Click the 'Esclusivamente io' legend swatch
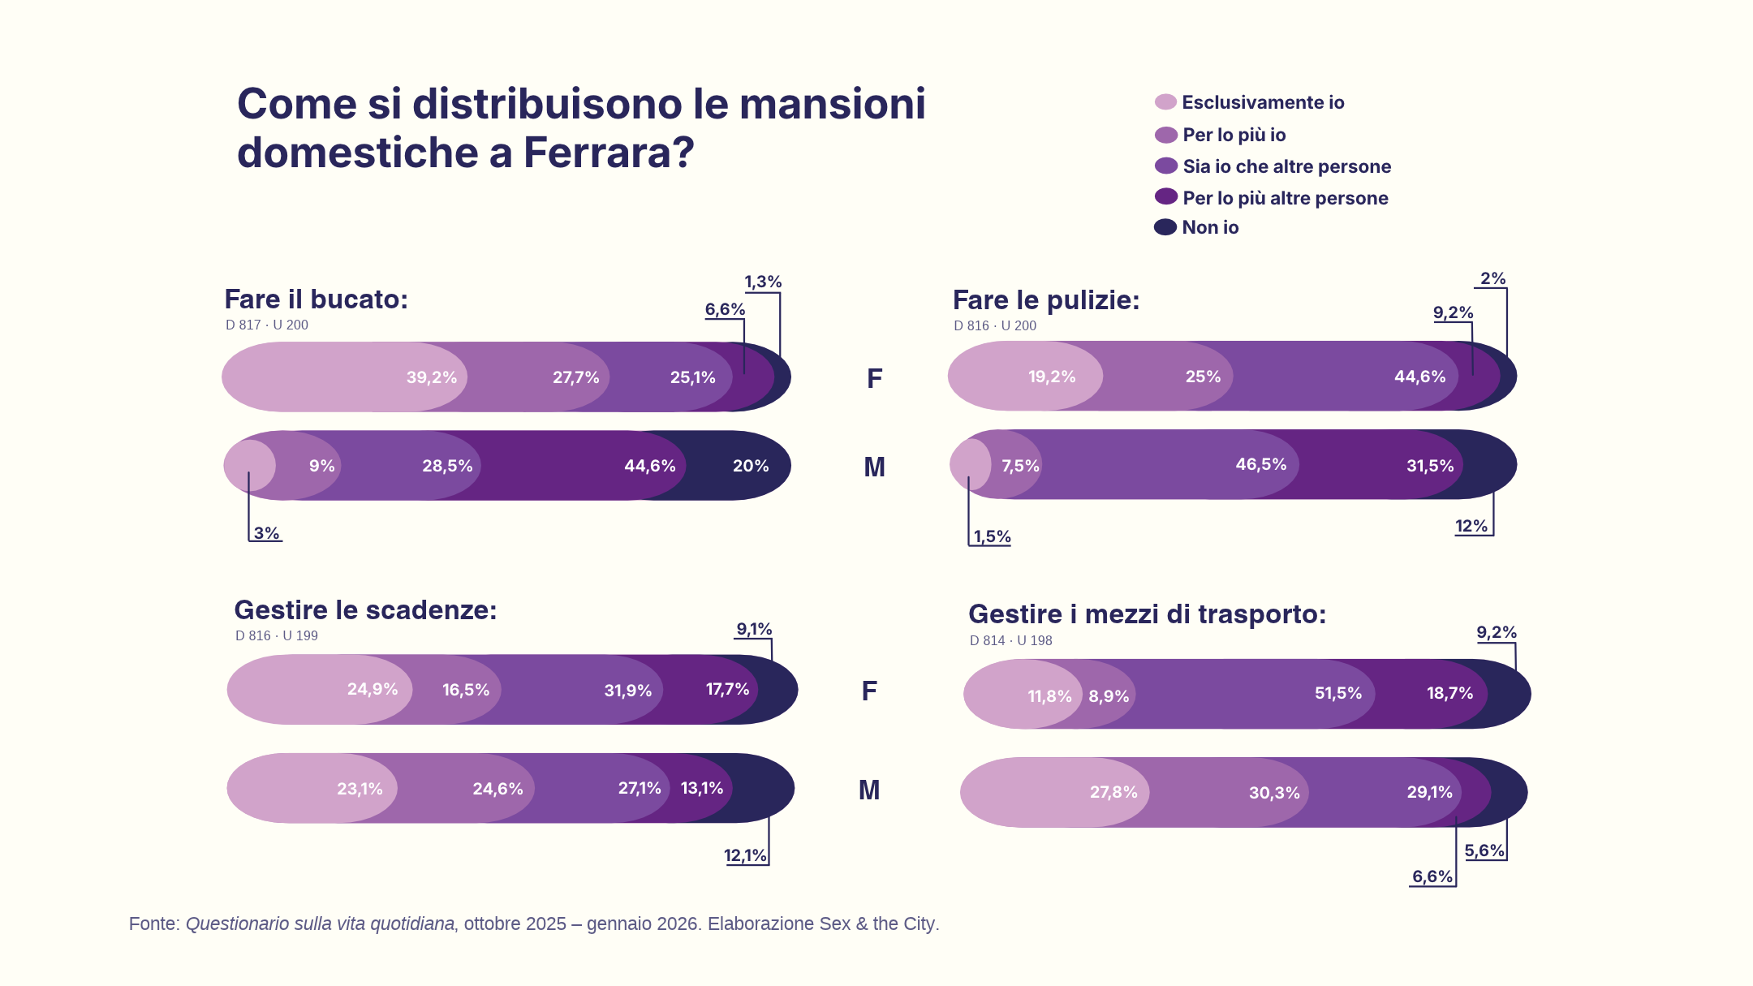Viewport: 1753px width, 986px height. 1165,102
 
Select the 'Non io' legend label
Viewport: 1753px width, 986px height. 1210,228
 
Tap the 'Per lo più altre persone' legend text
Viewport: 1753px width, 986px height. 1286,198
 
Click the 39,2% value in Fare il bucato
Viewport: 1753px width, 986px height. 432,377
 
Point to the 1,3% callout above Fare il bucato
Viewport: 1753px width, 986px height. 763,282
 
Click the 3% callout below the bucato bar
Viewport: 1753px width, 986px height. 266,533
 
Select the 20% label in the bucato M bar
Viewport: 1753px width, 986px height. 751,466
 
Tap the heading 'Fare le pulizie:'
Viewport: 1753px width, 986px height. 1046,300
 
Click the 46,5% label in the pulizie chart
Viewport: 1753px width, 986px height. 1261,464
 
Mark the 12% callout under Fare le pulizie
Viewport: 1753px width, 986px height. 1471,526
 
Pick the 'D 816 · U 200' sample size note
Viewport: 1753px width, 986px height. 995,325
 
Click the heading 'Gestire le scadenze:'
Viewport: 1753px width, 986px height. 365,609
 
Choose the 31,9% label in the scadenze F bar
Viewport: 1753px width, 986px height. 628,691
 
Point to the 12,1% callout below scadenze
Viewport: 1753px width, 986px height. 745,855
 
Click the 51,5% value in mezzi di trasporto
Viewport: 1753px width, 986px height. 1338,693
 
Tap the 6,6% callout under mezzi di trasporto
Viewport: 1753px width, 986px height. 1432,876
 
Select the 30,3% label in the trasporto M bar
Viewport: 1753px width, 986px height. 1274,793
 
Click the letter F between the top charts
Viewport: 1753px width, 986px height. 874,378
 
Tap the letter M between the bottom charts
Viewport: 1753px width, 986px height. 869,790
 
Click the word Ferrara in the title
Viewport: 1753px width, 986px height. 608,153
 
